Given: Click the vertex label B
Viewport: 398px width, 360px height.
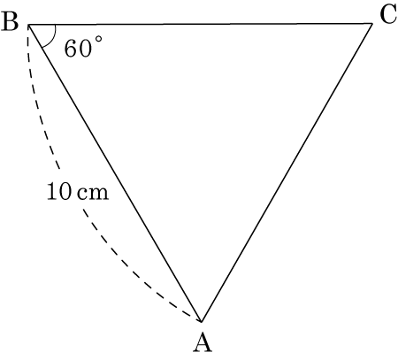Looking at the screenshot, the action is pyautogui.click(x=10, y=22).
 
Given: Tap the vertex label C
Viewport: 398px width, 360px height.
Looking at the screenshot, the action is pyautogui.click(x=388, y=15).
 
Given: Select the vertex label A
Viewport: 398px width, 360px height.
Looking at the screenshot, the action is pyautogui.click(x=203, y=342).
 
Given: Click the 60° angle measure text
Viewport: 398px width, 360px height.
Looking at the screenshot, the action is pyautogui.click(x=83, y=47).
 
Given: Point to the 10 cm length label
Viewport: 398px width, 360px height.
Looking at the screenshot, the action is pyautogui.click(x=78, y=191).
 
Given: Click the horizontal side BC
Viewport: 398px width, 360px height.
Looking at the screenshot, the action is pyautogui.click(x=200, y=24).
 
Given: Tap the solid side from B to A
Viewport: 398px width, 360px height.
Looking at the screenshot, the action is pyautogui.click(x=115, y=172).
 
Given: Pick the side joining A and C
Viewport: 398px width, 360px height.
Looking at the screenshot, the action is pyautogui.click(x=287, y=172).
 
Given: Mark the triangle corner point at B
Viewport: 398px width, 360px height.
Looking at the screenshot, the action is pyautogui.click(x=28, y=25).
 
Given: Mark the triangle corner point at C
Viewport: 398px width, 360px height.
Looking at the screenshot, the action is pyautogui.click(x=372, y=24).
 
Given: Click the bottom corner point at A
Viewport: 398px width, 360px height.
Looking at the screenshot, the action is pyautogui.click(x=202, y=321).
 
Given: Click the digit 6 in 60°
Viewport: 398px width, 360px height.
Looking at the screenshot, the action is pyautogui.click(x=71, y=48).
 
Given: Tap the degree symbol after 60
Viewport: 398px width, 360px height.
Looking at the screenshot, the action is pyautogui.click(x=99, y=40).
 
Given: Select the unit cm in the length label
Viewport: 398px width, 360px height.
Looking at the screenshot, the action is pyautogui.click(x=94, y=194).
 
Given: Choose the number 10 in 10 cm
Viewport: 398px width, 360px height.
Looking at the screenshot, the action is pyautogui.click(x=59, y=191).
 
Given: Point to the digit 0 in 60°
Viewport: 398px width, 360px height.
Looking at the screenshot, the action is pyautogui.click(x=85, y=48).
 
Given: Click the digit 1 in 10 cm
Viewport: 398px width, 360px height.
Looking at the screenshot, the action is pyautogui.click(x=52, y=191).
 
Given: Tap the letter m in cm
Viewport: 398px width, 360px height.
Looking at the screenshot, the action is pyautogui.click(x=99, y=194).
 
